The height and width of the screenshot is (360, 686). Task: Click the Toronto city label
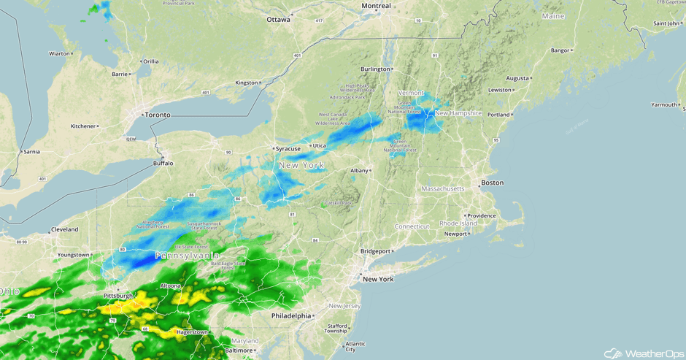[157, 115]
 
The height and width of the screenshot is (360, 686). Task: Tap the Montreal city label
[376, 6]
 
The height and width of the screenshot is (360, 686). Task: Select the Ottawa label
[278, 20]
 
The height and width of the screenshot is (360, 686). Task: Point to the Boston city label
[493, 182]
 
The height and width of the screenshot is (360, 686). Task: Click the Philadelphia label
[291, 315]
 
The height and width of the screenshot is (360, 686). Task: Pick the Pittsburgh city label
[118, 296]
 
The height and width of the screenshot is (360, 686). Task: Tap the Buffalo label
[163, 164]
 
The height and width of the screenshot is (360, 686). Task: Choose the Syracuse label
[289, 149]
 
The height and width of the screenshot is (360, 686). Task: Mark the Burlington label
[375, 69]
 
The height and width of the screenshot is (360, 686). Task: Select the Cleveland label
[65, 229]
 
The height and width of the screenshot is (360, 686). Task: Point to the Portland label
[499, 115]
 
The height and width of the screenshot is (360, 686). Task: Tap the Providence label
[482, 215]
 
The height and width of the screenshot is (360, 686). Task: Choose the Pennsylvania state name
[188, 256]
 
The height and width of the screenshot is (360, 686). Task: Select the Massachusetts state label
[442, 188]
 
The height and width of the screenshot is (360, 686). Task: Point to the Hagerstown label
[191, 332]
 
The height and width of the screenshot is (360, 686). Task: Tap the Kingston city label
[247, 83]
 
